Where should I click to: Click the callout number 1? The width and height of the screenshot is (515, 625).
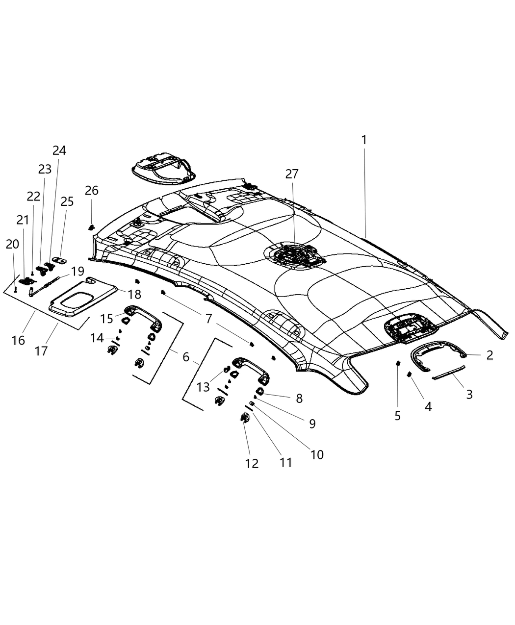(364, 140)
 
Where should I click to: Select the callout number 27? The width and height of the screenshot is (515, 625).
(292, 174)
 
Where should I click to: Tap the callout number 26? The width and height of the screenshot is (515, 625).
(91, 190)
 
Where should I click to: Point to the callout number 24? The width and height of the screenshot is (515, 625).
(59, 150)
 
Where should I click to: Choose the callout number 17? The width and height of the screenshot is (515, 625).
(42, 351)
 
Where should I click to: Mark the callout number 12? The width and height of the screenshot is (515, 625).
(252, 463)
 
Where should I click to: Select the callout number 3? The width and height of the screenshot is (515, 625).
(469, 394)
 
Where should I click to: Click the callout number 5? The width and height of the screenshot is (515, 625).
(397, 416)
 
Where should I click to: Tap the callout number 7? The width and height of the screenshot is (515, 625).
(208, 319)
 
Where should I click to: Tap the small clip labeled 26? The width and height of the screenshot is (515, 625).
(91, 226)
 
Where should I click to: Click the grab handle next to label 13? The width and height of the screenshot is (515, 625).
(250, 367)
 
